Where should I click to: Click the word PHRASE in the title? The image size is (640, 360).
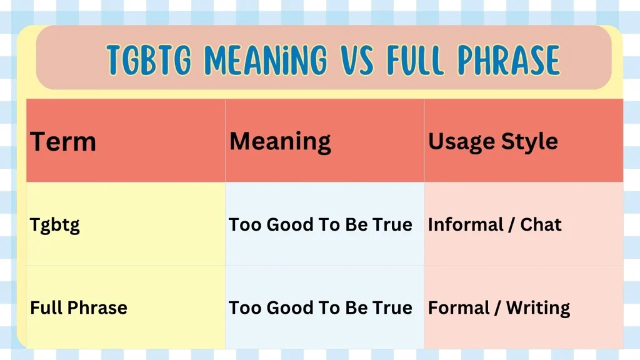pos(508,61)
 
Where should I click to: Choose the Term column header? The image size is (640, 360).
pos(63,142)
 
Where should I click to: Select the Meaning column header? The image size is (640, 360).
pos(280,142)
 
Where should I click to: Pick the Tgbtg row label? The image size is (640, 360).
pos(55,225)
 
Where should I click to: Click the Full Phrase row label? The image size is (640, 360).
pos(79,307)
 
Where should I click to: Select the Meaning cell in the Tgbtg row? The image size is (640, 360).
pos(321,224)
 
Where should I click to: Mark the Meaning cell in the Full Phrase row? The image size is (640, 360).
pos(321,307)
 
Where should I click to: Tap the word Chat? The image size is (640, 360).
pos(541,224)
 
